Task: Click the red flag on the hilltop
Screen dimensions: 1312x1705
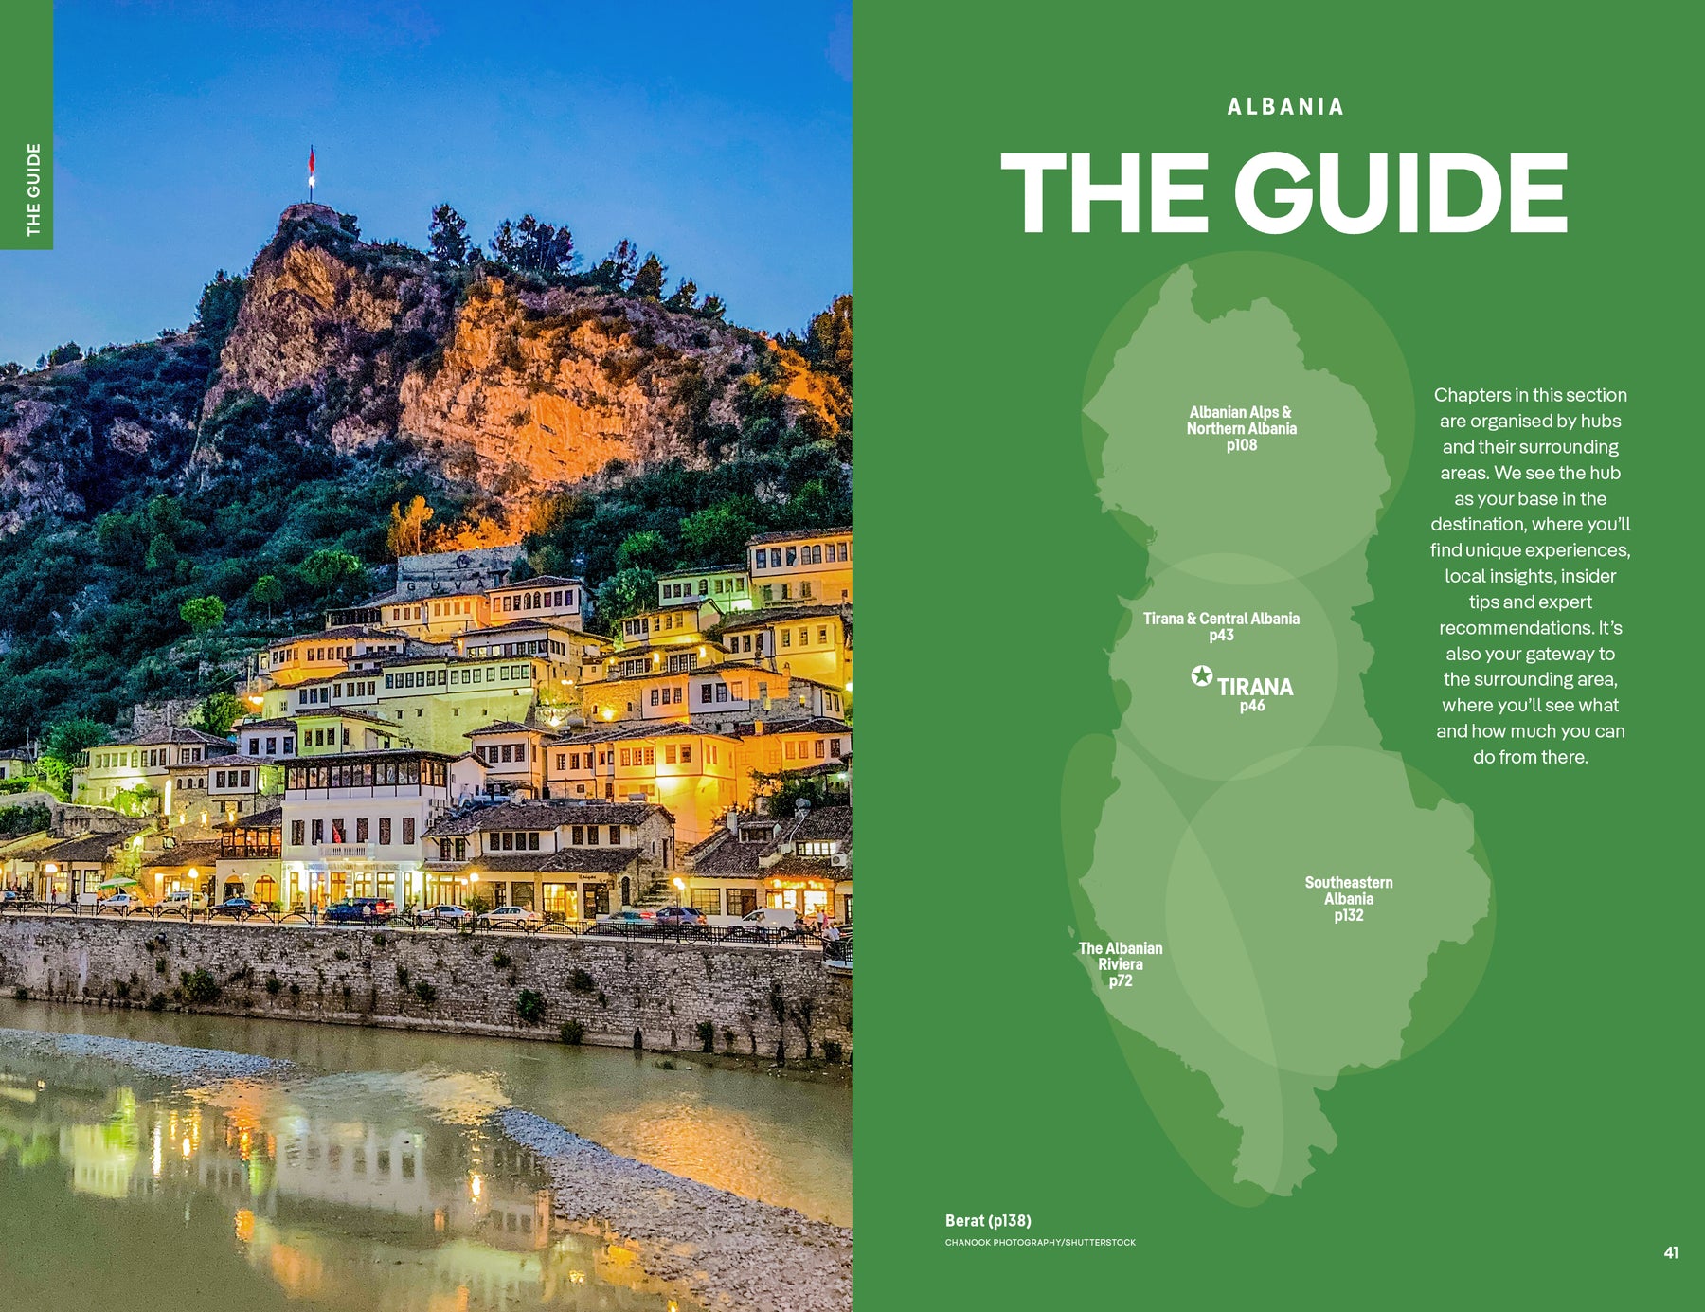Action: pos(311,160)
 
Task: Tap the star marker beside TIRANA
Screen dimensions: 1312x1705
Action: pos(1201,675)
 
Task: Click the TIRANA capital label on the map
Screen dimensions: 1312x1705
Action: pos(1255,687)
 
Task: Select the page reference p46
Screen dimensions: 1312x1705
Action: pos(1252,706)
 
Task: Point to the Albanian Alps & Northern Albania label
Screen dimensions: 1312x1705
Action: pos(1241,421)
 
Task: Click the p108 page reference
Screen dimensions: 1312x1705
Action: pos(1241,445)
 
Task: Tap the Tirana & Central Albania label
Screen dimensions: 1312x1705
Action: pos(1221,619)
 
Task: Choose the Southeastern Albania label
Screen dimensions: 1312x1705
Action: pos(1348,890)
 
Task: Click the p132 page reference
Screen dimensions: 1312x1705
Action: pos(1348,915)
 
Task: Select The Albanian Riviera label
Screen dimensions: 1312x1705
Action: pos(1121,956)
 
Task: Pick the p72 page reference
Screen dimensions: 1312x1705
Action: pos(1121,980)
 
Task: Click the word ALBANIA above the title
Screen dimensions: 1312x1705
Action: pos(1285,107)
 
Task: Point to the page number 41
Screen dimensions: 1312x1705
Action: pos(1671,1252)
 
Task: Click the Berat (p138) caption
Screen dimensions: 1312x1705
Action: pos(988,1221)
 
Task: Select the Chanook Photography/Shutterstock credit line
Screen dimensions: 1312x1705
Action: pos(1040,1242)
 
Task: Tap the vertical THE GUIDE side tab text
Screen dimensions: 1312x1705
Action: pos(33,189)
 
